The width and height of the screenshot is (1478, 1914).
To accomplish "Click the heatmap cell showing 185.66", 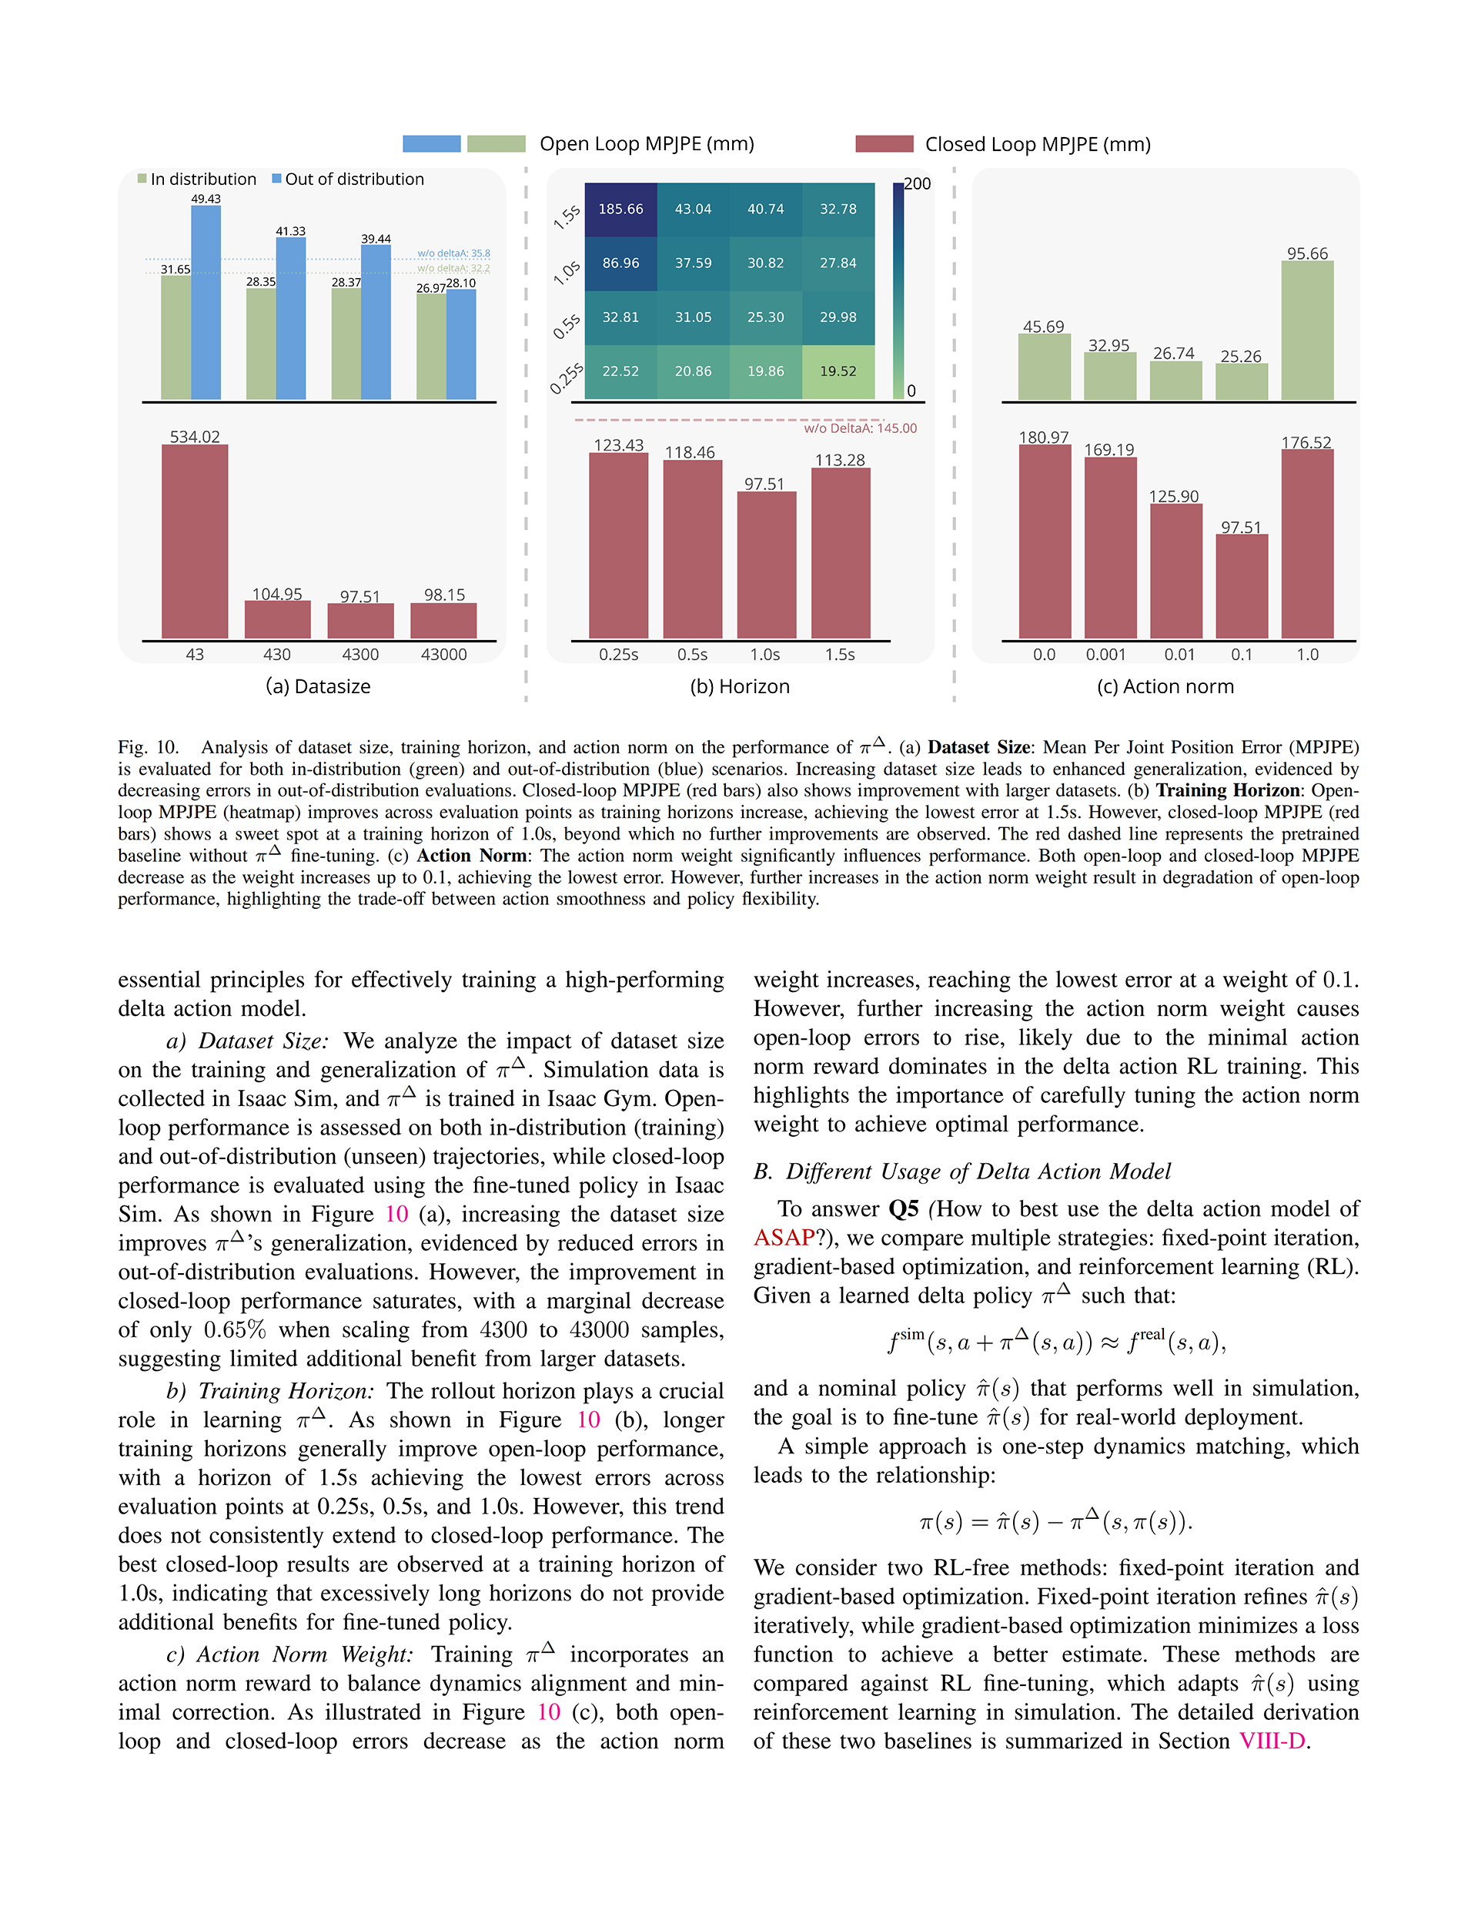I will (620, 210).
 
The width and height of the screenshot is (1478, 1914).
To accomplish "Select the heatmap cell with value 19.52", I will (838, 371).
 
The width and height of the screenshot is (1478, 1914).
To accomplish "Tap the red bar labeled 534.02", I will (195, 541).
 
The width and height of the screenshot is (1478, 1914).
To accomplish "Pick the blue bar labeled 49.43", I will (206, 303).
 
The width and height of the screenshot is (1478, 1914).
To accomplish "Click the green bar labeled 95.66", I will (1307, 330).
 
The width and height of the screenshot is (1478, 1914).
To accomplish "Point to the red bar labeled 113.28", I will (840, 552).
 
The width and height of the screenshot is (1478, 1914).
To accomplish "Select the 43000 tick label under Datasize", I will (444, 655).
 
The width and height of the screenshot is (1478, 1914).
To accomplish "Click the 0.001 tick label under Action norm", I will (1105, 655).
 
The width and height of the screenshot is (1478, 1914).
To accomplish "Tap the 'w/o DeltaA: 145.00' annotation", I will (859, 428).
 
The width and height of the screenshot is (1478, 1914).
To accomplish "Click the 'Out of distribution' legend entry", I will (348, 179).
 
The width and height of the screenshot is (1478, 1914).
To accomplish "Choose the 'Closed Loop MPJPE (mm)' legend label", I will (1038, 145).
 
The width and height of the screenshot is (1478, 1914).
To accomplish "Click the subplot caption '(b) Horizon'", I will (740, 686).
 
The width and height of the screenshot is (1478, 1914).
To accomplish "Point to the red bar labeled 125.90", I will (1175, 571).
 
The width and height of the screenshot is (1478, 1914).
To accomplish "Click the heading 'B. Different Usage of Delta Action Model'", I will (961, 1172).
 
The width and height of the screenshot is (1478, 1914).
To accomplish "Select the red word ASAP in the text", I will (784, 1238).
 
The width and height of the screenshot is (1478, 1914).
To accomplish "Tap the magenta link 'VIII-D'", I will (1271, 1741).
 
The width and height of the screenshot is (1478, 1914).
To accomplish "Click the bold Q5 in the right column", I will (903, 1209).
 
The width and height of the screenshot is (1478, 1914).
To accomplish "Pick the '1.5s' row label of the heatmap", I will (567, 216).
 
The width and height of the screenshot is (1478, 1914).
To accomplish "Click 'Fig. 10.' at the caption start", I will (148, 748).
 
